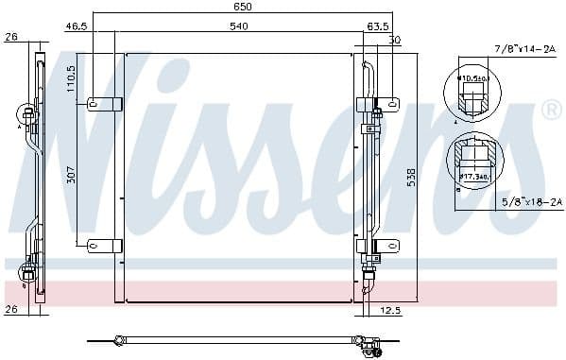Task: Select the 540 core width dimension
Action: click(x=238, y=26)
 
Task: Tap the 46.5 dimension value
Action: click(x=77, y=26)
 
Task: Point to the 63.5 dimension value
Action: click(x=379, y=26)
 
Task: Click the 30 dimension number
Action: click(x=394, y=40)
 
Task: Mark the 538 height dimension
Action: click(x=410, y=177)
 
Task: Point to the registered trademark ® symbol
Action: click(x=549, y=111)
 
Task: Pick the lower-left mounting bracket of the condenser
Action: click(x=104, y=247)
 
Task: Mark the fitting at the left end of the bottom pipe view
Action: click(x=120, y=339)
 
